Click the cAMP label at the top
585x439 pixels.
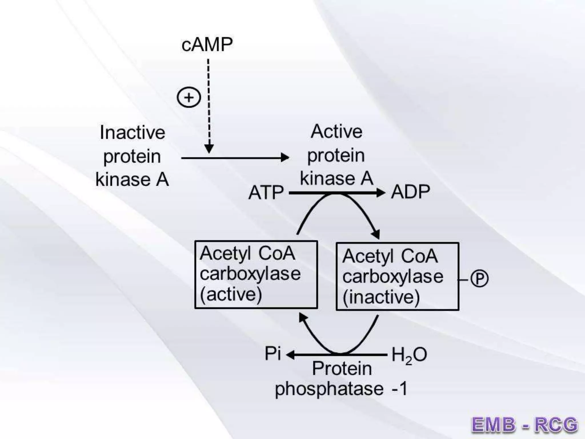pos(207,45)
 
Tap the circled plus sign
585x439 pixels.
pos(189,97)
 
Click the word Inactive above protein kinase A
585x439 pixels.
pos(133,133)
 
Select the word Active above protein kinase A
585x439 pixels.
pos(336,132)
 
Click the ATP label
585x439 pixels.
pos(266,193)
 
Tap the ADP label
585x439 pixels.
pos(410,192)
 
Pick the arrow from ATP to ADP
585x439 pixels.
pos(337,193)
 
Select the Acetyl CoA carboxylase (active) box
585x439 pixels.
pos(256,274)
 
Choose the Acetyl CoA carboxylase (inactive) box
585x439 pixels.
pos(397,276)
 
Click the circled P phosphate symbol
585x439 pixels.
pos(479,279)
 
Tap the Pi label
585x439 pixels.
pos(273,354)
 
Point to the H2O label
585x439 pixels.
pos(409,355)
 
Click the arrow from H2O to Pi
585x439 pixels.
pos(337,355)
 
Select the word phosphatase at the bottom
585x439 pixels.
pos(329,389)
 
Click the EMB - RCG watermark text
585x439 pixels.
pos(524,424)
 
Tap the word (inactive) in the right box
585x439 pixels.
pos(381,297)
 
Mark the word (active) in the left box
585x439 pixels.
pos(231,294)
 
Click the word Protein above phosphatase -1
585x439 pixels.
pos(342,369)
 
